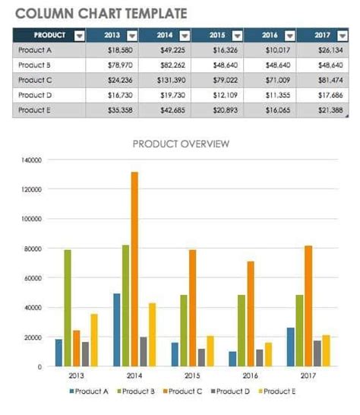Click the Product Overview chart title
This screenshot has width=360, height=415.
(181, 143)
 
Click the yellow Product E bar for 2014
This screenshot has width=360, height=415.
(152, 334)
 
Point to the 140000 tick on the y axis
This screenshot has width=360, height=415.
(31, 160)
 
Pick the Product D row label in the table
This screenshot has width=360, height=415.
(35, 94)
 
